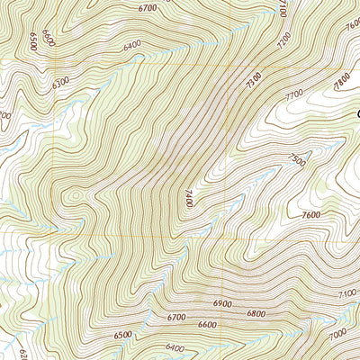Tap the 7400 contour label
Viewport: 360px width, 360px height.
pyautogui.click(x=190, y=197)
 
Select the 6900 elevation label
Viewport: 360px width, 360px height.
pyautogui.click(x=224, y=307)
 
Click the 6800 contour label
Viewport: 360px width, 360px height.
pyautogui.click(x=255, y=314)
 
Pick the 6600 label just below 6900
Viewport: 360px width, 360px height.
pyautogui.click(x=207, y=324)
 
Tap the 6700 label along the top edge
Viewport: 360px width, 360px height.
pyautogui.click(x=148, y=7)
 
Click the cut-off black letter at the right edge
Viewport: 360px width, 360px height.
pyautogui.click(x=356, y=113)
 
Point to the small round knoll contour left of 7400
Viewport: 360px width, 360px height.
pyautogui.click(x=75, y=193)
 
